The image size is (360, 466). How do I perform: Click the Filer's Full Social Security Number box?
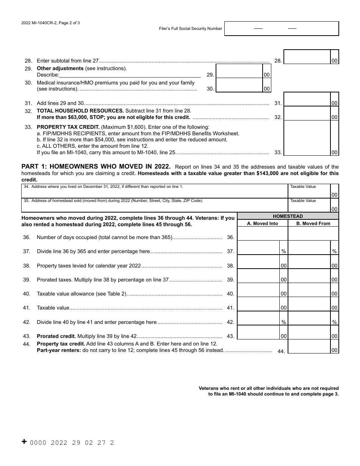282,28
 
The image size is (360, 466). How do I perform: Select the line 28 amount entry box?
307,57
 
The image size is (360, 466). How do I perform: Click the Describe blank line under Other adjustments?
130,75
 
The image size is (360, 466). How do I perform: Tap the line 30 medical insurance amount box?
239,85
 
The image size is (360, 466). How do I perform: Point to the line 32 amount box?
307,113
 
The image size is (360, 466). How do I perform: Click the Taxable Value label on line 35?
303,201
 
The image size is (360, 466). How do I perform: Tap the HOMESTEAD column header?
288,216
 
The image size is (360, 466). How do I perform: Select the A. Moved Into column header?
262,224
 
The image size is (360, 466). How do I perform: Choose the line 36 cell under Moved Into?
262,234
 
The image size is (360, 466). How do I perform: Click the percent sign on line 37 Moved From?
334,251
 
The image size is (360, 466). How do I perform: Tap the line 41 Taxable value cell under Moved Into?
258,304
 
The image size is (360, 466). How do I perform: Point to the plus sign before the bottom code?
24,442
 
